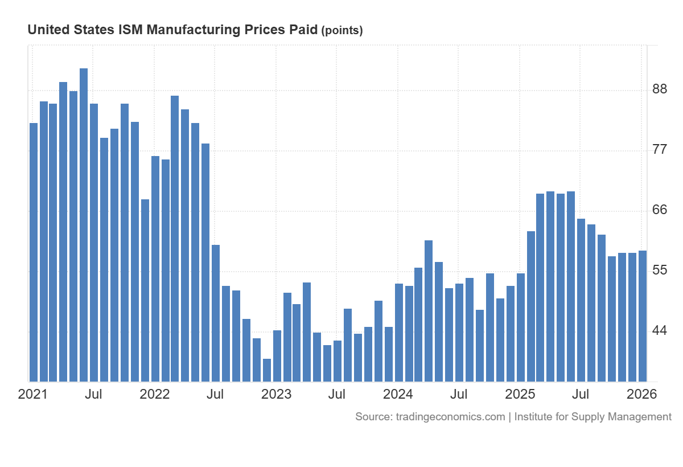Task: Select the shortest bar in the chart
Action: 267,370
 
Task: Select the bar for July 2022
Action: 216,313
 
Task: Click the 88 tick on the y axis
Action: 660,89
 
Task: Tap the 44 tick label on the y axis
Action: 660,331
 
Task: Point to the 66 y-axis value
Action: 660,210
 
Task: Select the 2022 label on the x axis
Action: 155,394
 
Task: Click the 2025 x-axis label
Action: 520,394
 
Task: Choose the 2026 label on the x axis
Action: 642,394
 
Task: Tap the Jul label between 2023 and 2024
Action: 338,394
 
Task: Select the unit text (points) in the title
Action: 342,31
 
